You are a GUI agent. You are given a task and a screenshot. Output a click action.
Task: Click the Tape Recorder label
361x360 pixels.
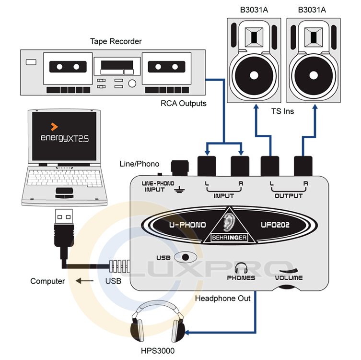(116, 41)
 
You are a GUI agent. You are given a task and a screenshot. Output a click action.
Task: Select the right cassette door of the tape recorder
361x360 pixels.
(166, 69)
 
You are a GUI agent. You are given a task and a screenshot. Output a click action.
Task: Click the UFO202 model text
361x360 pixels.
(273, 225)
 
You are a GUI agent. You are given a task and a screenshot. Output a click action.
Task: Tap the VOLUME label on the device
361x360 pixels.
(289, 277)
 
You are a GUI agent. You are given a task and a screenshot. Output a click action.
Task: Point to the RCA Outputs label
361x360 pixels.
(184, 103)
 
